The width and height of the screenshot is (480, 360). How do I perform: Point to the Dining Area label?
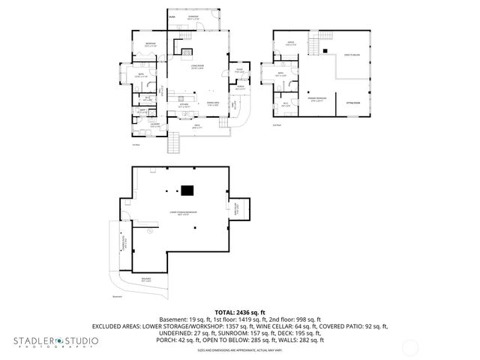(212, 103)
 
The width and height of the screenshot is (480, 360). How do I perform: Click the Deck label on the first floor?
(197, 127)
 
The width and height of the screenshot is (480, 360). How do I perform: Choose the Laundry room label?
(155, 124)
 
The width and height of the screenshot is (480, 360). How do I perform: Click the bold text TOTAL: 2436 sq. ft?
(239, 312)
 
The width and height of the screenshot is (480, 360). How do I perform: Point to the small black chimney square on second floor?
(327, 50)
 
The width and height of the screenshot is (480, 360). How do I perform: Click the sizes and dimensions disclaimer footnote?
(239, 350)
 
